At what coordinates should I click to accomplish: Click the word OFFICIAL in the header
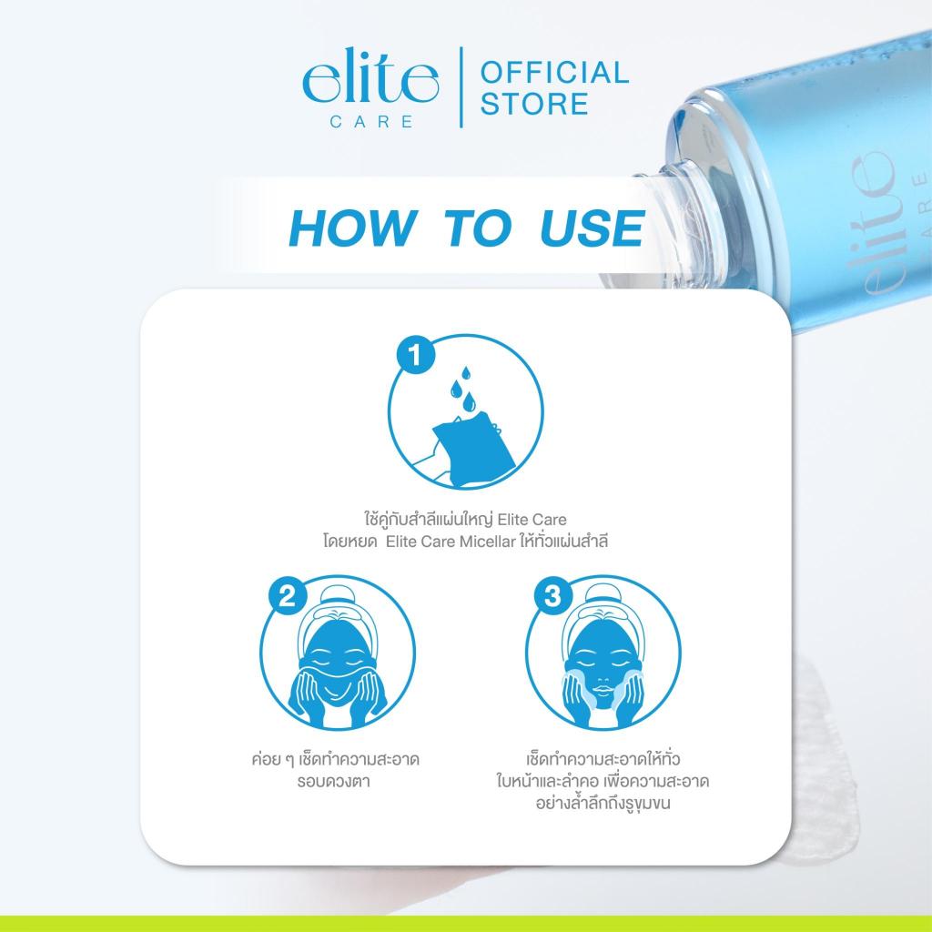(x=554, y=72)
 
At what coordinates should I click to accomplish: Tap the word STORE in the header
(x=534, y=104)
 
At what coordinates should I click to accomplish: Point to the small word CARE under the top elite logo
(x=371, y=122)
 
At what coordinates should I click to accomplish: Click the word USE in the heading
(x=593, y=228)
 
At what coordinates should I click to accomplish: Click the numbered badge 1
(x=416, y=356)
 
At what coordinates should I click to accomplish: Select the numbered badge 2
(x=288, y=595)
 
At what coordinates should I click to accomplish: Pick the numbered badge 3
(x=553, y=595)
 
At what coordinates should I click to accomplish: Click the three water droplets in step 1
(x=463, y=388)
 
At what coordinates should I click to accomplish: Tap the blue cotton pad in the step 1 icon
(x=473, y=444)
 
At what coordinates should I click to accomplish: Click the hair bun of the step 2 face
(x=338, y=595)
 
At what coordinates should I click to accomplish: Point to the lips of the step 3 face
(x=603, y=690)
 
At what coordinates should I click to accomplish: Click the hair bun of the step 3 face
(x=603, y=595)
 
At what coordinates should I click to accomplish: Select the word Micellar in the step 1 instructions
(x=487, y=542)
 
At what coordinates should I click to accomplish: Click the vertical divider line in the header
(x=461, y=87)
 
